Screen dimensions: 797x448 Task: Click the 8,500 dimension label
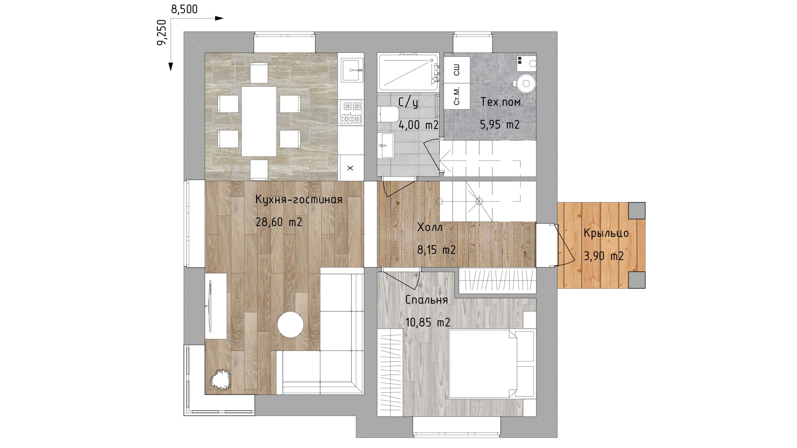184,9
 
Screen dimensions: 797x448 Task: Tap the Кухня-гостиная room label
299,200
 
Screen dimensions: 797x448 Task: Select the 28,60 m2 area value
279,222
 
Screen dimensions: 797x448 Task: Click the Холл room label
430,227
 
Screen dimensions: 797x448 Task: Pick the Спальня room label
426,300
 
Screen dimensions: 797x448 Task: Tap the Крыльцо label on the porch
606,234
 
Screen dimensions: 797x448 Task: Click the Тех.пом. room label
502,102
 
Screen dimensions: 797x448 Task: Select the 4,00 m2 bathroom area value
418,124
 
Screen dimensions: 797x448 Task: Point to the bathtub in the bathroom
408,73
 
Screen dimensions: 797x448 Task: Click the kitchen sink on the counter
352,70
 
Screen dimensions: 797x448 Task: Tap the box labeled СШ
457,70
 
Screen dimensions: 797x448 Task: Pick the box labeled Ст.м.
457,96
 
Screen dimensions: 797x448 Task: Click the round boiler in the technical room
526,83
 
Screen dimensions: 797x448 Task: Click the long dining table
259,121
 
